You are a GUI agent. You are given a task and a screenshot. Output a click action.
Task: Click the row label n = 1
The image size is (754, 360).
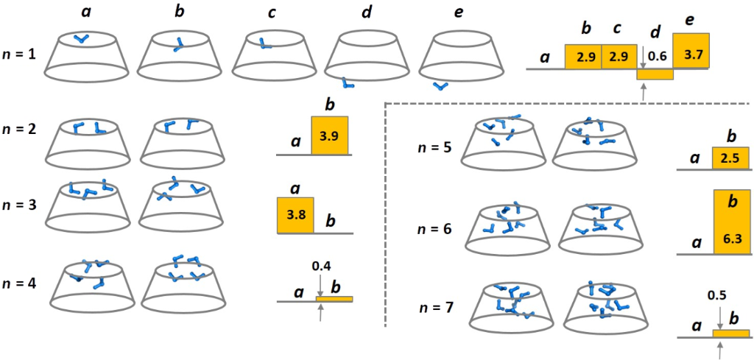[x=20, y=56]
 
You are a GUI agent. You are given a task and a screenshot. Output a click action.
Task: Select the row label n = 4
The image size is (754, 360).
[x=20, y=283]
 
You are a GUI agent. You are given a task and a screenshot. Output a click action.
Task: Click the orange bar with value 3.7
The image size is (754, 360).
[x=691, y=51]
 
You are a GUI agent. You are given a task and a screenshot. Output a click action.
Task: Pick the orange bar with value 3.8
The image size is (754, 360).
[x=295, y=216]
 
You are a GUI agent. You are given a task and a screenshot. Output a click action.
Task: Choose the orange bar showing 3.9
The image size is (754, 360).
[x=329, y=135]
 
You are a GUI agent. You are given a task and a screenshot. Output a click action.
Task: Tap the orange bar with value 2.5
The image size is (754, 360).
[x=732, y=158]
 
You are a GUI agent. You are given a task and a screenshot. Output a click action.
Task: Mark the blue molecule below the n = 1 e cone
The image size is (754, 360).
[x=440, y=86]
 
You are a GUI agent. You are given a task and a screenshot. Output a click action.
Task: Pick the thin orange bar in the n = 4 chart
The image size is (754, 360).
[x=334, y=299]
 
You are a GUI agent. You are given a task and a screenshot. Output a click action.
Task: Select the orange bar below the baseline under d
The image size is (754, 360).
[x=655, y=74]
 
